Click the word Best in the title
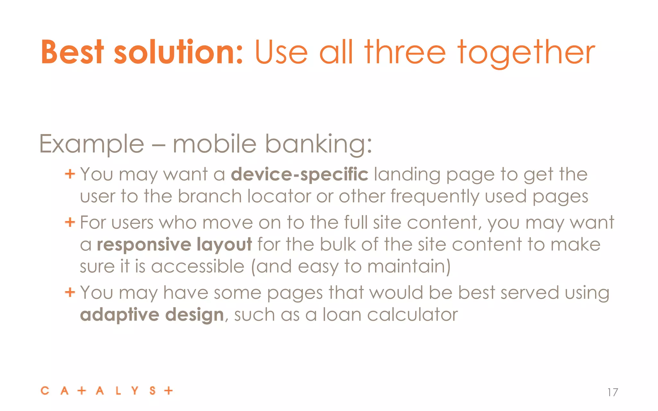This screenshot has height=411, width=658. (x=72, y=52)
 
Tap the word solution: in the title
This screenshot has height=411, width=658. (x=179, y=52)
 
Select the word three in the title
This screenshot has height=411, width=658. (x=405, y=52)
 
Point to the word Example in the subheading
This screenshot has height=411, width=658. (x=92, y=144)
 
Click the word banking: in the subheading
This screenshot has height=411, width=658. (x=318, y=144)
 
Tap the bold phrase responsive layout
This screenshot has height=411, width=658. (x=174, y=245)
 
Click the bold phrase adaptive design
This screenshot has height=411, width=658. (x=152, y=315)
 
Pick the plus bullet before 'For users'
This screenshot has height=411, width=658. (x=70, y=222)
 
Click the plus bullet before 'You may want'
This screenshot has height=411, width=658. (x=70, y=174)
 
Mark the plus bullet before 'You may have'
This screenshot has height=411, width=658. (x=70, y=293)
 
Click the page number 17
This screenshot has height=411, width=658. (x=612, y=392)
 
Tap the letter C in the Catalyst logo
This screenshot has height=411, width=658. (x=45, y=391)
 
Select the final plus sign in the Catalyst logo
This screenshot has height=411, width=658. (x=168, y=391)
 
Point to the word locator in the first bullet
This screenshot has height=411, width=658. (x=279, y=197)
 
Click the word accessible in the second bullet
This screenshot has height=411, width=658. (x=198, y=267)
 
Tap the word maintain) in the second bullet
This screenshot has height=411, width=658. (x=409, y=267)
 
